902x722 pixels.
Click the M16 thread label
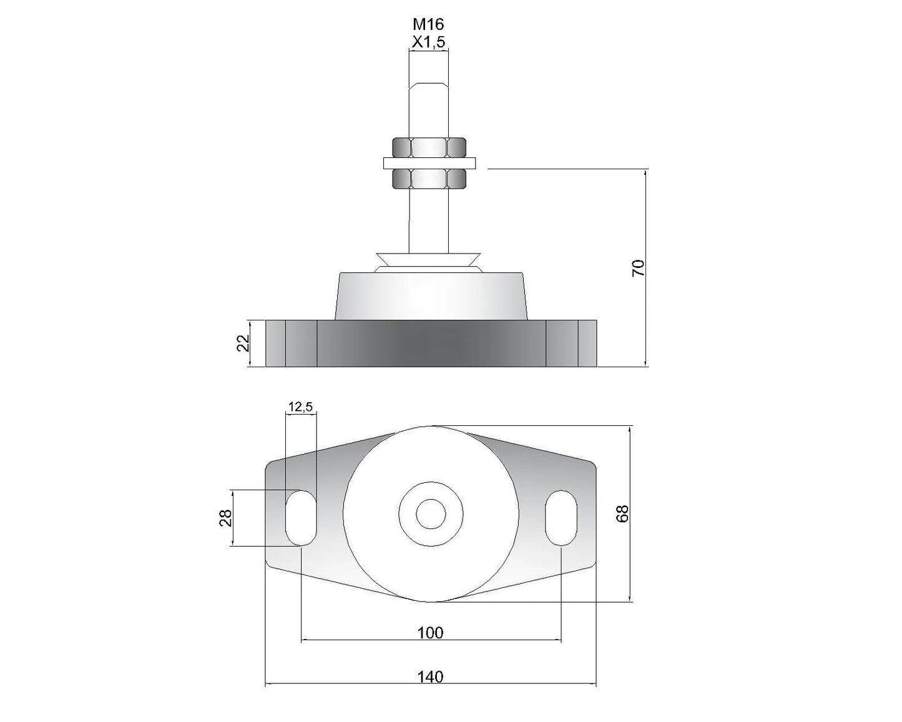428,24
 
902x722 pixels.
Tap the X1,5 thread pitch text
428,42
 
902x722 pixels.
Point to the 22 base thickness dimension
243,343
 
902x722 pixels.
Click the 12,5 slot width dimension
300,407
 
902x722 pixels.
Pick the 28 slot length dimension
225,518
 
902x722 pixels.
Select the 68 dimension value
623,513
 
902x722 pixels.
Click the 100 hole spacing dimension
430,633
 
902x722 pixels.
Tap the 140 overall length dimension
430,676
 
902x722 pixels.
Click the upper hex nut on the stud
429,147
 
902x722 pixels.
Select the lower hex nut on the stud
429,179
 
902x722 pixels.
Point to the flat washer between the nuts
429,163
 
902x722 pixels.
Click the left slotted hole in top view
301,518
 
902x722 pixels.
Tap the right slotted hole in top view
561,518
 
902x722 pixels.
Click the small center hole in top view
430,513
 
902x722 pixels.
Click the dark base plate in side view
431,343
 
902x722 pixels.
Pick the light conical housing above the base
430,296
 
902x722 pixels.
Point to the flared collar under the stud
429,260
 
